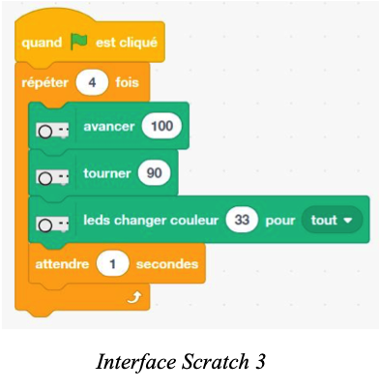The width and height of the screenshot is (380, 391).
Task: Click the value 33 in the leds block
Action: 242,220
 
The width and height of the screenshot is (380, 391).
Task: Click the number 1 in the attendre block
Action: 113,263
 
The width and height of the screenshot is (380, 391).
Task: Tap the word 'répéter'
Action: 44,83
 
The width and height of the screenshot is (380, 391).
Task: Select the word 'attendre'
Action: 63,263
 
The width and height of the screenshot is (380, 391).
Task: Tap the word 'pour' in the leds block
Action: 279,220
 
